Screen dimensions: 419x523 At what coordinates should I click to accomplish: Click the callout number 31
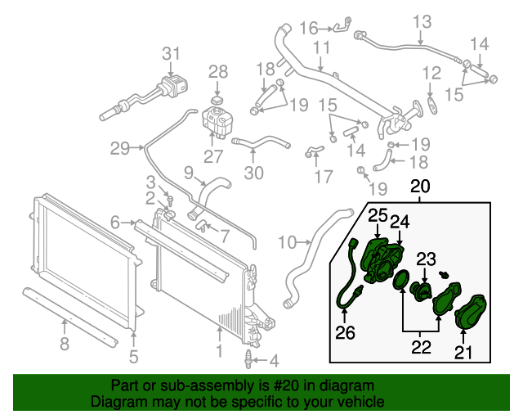pyautogui.click(x=170, y=54)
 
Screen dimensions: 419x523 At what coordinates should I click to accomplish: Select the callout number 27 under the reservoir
pyautogui.click(x=212, y=156)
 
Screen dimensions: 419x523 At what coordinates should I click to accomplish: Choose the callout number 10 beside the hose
pyautogui.click(x=287, y=241)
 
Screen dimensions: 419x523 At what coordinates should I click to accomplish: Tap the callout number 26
pyautogui.click(x=345, y=331)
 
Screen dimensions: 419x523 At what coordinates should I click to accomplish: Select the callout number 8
pyautogui.click(x=65, y=345)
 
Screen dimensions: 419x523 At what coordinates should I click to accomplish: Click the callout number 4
pyautogui.click(x=274, y=359)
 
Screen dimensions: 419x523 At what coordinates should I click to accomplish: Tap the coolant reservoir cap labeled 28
pyautogui.click(x=217, y=100)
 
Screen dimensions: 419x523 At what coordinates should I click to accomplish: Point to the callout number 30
pyautogui.click(x=254, y=173)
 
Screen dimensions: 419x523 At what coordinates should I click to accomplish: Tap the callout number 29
pyautogui.click(x=121, y=148)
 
